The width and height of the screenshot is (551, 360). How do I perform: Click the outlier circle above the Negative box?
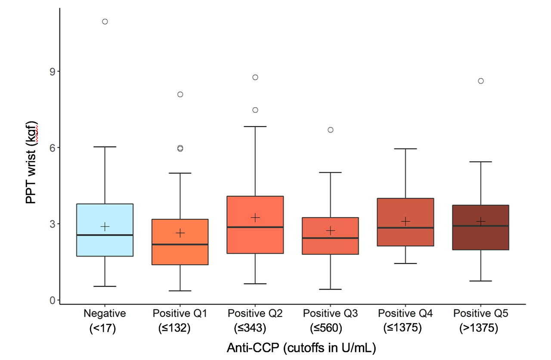click(x=105, y=22)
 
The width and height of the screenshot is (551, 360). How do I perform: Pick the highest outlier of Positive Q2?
click(x=255, y=77)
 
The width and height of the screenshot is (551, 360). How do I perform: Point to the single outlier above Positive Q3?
click(x=331, y=130)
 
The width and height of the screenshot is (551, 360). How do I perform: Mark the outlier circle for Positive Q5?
click(x=481, y=81)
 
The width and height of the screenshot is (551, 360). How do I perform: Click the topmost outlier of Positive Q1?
click(x=180, y=94)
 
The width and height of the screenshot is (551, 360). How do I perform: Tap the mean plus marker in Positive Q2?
click(x=255, y=217)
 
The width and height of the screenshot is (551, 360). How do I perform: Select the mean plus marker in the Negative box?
click(x=105, y=227)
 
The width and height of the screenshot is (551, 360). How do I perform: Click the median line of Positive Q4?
click(x=406, y=228)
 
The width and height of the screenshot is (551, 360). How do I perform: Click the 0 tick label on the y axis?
click(x=52, y=300)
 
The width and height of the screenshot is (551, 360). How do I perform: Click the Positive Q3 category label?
click(x=331, y=313)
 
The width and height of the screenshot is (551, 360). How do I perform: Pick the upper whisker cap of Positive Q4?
click(x=406, y=149)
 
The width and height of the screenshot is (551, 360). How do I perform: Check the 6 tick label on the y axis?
click(x=52, y=147)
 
